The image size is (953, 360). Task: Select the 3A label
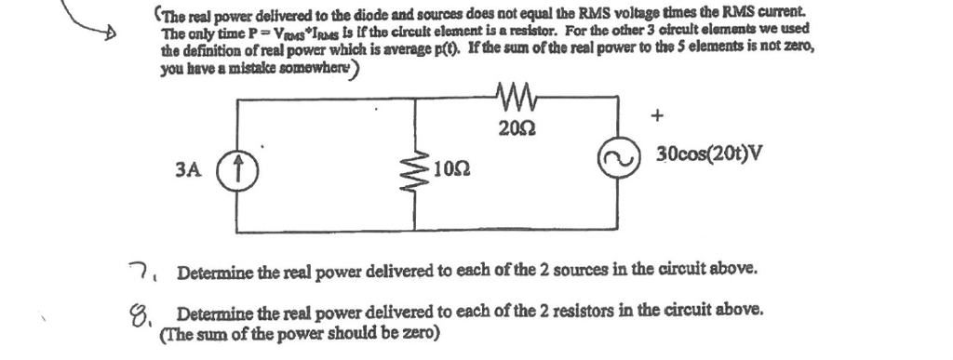(x=188, y=169)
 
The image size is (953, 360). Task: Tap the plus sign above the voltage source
(x=657, y=116)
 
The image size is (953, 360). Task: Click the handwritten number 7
(x=136, y=271)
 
